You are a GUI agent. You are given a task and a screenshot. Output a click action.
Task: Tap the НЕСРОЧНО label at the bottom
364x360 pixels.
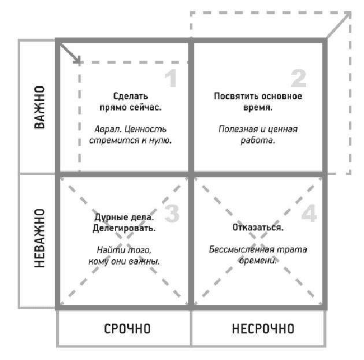(263, 329)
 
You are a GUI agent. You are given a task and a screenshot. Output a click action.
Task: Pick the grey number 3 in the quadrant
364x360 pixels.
(172, 213)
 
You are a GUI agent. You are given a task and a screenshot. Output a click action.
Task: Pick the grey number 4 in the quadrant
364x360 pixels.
(309, 213)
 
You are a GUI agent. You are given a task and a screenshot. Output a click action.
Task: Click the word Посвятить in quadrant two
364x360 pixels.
(232, 97)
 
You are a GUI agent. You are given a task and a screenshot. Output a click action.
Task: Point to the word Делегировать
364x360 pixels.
(125, 228)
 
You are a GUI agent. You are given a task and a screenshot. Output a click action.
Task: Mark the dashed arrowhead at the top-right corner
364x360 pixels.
(347, 16)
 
